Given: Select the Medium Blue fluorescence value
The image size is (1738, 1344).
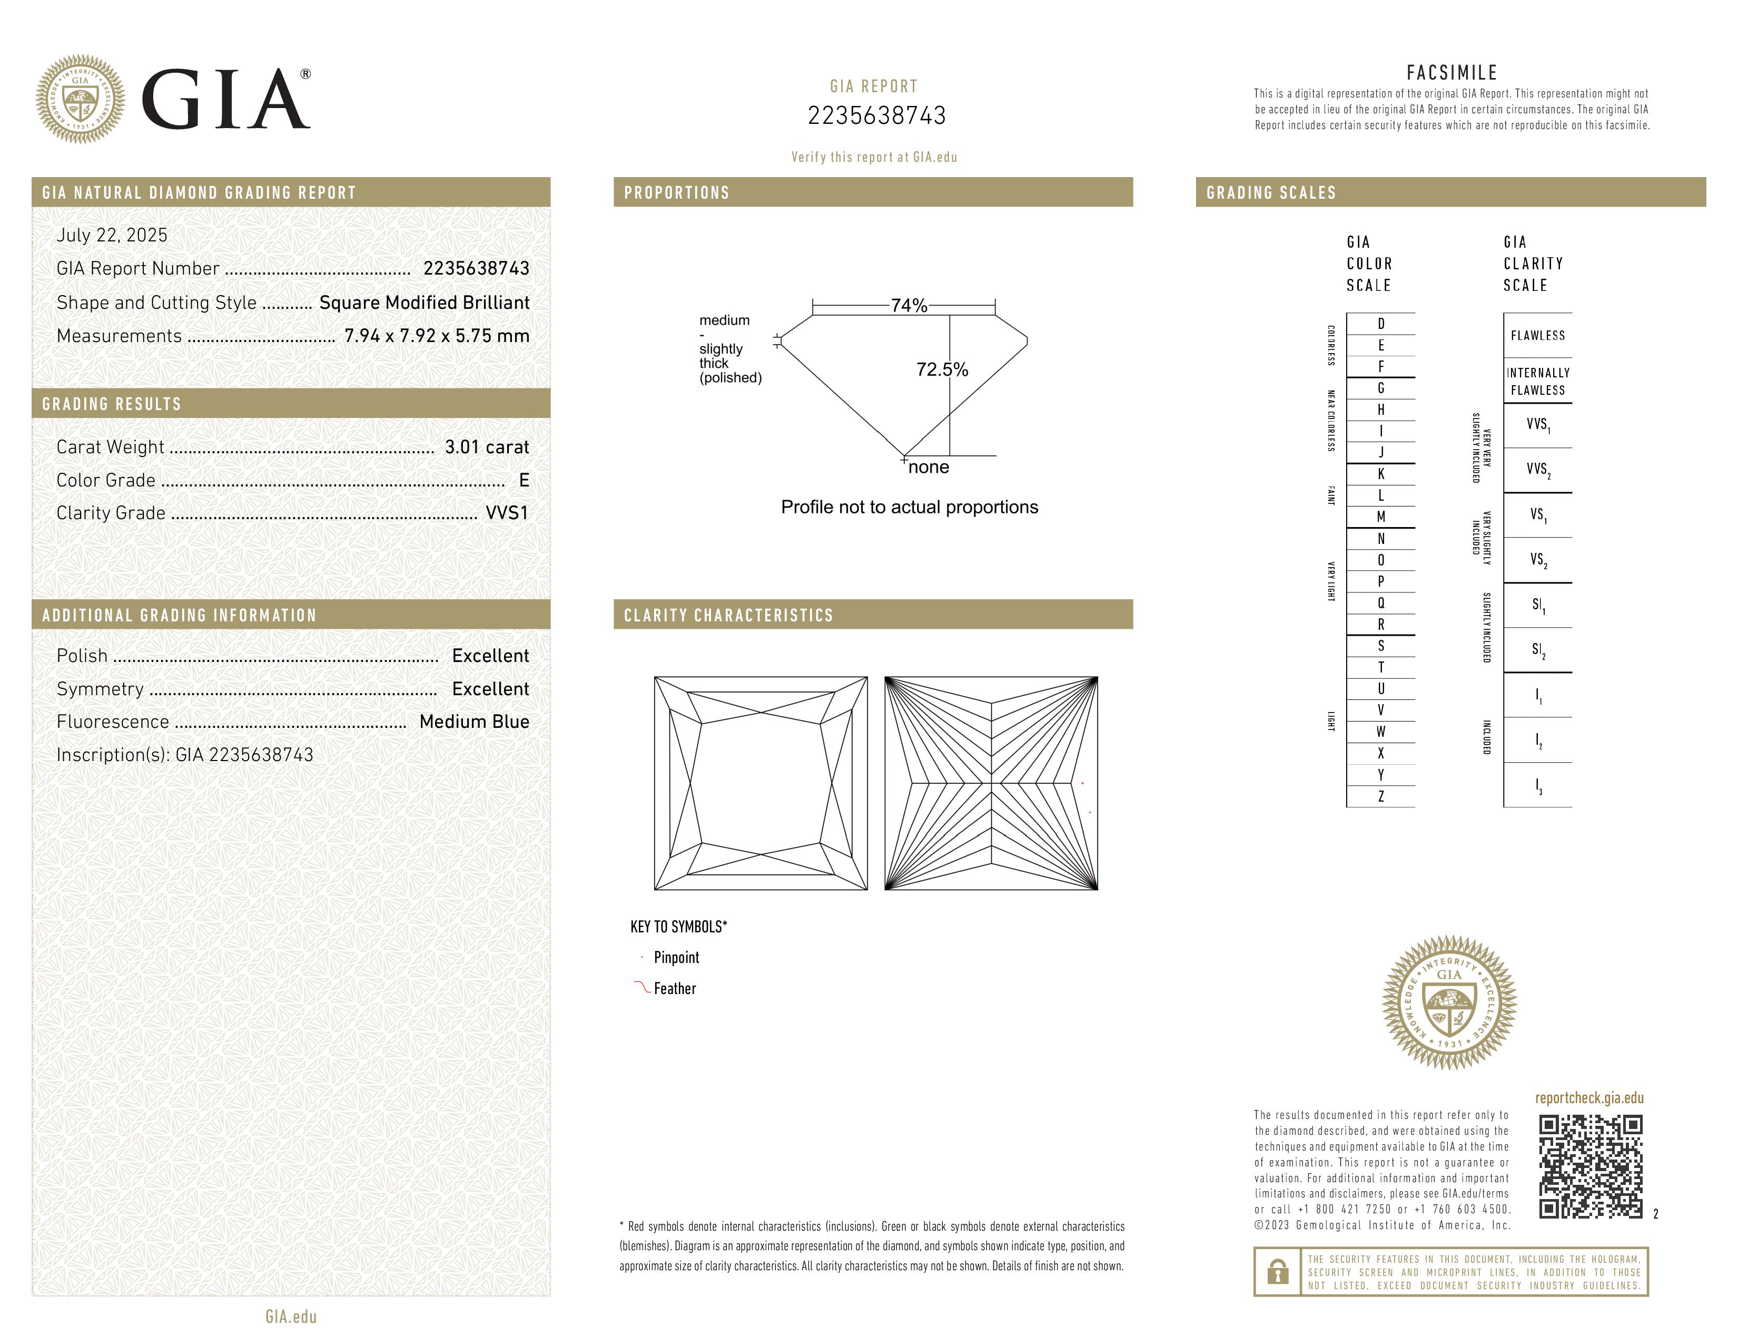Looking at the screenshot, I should [x=475, y=722].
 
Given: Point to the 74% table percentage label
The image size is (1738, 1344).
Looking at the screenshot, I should [x=909, y=306].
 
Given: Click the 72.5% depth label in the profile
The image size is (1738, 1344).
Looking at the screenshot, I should [x=942, y=369].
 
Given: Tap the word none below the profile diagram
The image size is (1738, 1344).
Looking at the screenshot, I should [x=929, y=468].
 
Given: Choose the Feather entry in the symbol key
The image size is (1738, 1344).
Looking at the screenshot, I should [x=674, y=989].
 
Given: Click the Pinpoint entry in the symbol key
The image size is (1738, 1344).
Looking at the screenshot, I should [x=676, y=958].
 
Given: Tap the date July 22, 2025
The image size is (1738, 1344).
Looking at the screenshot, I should [x=112, y=235].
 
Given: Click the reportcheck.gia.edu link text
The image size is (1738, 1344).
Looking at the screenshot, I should [x=1589, y=1098].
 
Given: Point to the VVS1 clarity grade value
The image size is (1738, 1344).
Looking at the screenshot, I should [x=507, y=513].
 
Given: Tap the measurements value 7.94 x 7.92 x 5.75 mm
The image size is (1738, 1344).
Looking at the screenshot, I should [x=437, y=336].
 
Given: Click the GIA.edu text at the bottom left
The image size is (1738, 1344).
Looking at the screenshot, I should [x=291, y=1316].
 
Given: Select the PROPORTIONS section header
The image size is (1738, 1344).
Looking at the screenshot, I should [x=676, y=193].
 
